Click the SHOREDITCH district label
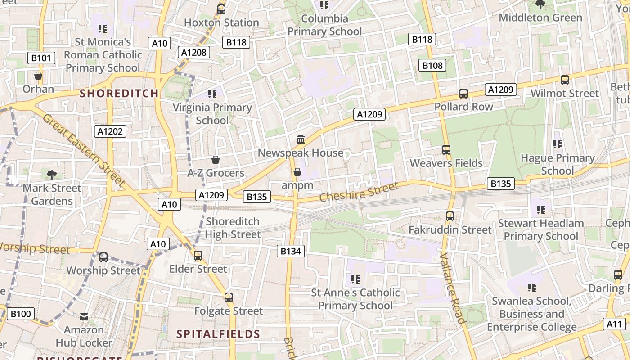[119, 94]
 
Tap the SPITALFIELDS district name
[218, 334]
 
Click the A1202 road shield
[110, 131]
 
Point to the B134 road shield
[290, 251]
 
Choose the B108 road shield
[432, 65]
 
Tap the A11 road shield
[614, 324]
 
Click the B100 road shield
[21, 314]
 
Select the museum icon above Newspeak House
[301, 139]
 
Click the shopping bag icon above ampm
[297, 172]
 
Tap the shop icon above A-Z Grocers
[216, 160]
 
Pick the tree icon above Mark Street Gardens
[52, 175]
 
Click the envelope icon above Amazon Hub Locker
[84, 317]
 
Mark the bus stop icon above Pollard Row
[463, 94]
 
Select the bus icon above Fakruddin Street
[450, 216]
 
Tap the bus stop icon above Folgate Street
[229, 297]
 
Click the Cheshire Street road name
[359, 192]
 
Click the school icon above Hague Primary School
[558, 144]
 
